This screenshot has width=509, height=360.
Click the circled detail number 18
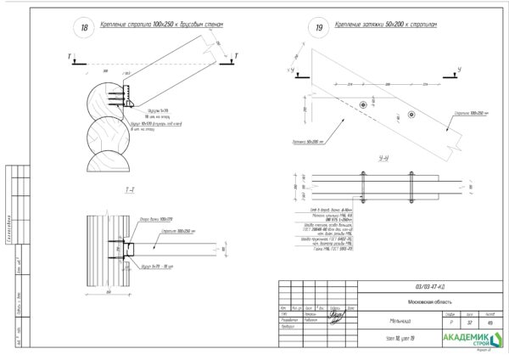click(x=84, y=28)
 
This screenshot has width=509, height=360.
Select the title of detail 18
click(x=162, y=25)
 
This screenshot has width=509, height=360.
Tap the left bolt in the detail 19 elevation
click(x=363, y=104)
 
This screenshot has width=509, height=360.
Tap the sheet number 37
click(x=469, y=322)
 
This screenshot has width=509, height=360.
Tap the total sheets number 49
click(x=489, y=322)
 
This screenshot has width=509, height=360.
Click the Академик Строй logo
click(x=467, y=340)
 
